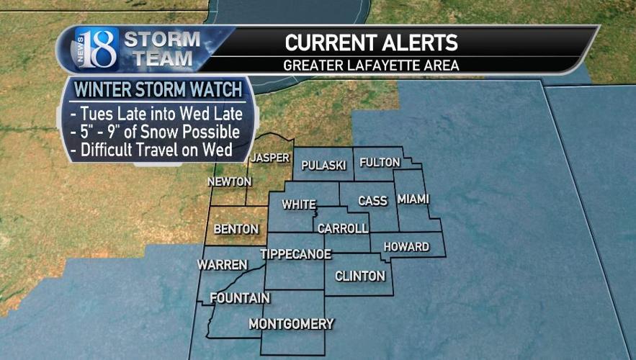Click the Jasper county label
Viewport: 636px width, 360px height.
(271, 158)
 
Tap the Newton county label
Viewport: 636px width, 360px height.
(229, 181)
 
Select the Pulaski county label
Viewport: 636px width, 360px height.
(324, 165)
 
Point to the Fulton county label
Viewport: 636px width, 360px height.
(380, 162)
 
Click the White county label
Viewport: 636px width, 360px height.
(299, 204)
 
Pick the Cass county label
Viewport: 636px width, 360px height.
(373, 201)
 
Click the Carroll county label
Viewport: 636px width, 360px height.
(343, 228)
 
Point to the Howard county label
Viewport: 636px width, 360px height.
(406, 247)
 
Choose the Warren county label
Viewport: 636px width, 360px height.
(223, 265)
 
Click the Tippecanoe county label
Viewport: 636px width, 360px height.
(295, 254)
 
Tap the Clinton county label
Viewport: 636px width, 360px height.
(360, 276)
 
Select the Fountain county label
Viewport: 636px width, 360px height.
(240, 298)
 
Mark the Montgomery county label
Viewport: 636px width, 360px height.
(291, 324)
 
